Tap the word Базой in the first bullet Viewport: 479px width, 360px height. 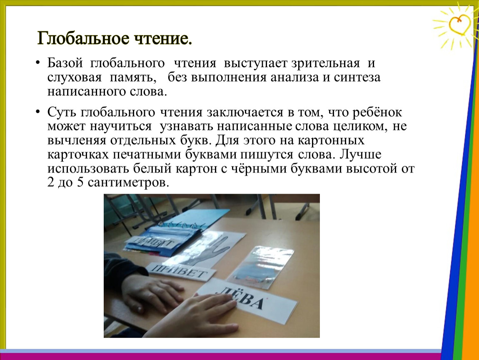pos(65,63)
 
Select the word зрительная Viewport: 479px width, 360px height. pos(325,64)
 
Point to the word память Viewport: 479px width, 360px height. pos(133,77)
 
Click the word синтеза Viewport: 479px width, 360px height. pos(357,77)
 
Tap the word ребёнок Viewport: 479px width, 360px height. pos(377,112)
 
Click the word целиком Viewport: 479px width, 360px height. pos(360,127)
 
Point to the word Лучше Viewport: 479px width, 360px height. pos(361,154)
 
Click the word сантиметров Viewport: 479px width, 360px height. pos(128,183)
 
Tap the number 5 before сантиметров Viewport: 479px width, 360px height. pos(80,182)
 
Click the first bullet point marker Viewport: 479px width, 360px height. pos(37,63)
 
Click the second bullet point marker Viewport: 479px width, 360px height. pos(37,112)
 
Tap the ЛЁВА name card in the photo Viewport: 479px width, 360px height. pos(246,300)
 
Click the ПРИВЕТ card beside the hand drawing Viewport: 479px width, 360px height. pos(180,271)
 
